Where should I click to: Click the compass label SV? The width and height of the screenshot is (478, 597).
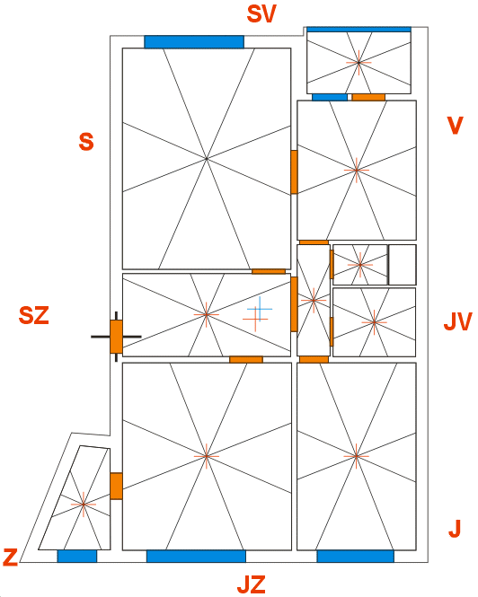click(x=261, y=14)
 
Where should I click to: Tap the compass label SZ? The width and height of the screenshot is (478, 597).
click(x=34, y=316)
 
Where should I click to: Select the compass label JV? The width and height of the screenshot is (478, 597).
click(x=458, y=321)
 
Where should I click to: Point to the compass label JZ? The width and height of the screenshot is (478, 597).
click(x=252, y=584)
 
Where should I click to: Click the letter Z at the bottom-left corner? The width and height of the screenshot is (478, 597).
click(x=10, y=557)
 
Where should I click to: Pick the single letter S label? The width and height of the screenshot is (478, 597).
click(x=86, y=142)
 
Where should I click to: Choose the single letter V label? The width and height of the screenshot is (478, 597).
click(x=456, y=126)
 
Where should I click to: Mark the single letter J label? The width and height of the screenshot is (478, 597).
click(x=455, y=529)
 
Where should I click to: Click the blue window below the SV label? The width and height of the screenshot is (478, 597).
click(x=194, y=42)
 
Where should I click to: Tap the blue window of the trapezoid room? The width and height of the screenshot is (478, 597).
click(x=77, y=556)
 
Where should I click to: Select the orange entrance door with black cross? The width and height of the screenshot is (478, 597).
click(x=116, y=337)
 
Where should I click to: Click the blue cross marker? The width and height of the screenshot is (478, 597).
click(x=260, y=309)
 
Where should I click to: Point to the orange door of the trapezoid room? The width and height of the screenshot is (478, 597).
click(x=116, y=486)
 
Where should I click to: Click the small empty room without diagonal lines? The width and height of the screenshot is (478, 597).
click(x=403, y=265)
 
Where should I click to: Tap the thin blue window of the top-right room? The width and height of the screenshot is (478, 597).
click(x=358, y=30)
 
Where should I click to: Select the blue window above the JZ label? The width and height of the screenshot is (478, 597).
click(x=196, y=556)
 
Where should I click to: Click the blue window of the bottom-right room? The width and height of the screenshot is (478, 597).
click(x=355, y=556)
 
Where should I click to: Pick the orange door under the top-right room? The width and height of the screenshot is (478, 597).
click(x=368, y=97)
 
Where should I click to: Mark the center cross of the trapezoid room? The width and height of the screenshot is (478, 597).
click(x=84, y=505)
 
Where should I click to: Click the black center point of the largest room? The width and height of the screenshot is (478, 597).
click(x=207, y=158)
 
